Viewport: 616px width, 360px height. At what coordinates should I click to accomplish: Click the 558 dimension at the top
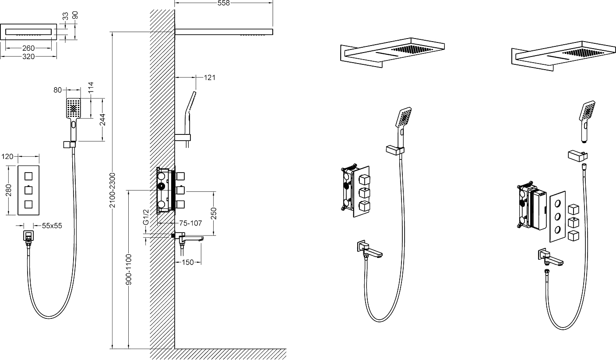coord(223,3)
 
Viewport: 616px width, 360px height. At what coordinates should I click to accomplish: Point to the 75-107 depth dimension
coord(190,223)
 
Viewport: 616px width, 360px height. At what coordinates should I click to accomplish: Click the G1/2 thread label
coord(146,217)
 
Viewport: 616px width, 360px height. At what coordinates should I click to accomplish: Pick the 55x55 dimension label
coord(52,226)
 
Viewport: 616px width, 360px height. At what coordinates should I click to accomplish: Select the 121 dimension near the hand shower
coord(210,78)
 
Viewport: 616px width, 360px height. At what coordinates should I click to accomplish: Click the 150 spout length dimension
coord(188,262)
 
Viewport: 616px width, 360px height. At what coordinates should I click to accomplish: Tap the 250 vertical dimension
coord(214,213)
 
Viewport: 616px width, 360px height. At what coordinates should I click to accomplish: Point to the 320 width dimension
coord(28,56)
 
